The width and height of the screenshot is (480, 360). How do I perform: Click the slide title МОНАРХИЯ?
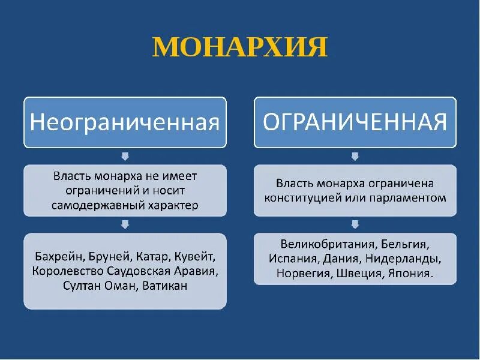pyautogui.click(x=240, y=47)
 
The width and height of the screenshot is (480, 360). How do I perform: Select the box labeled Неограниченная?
pyautogui.click(x=125, y=122)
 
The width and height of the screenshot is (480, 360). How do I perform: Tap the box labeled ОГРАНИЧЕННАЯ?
pyautogui.click(x=355, y=122)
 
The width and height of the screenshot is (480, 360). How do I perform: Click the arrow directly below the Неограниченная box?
pyautogui.click(x=125, y=157)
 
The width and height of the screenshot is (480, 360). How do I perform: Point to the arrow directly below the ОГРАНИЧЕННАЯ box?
pyautogui.click(x=355, y=157)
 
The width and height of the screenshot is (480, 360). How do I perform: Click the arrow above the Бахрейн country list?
pyautogui.click(x=125, y=225)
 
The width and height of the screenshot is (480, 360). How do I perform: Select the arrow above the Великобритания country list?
pyautogui.click(x=355, y=225)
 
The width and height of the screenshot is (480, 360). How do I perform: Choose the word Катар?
pyautogui.click(x=152, y=256)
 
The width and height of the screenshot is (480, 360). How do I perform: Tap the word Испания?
pyautogui.click(x=294, y=259)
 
